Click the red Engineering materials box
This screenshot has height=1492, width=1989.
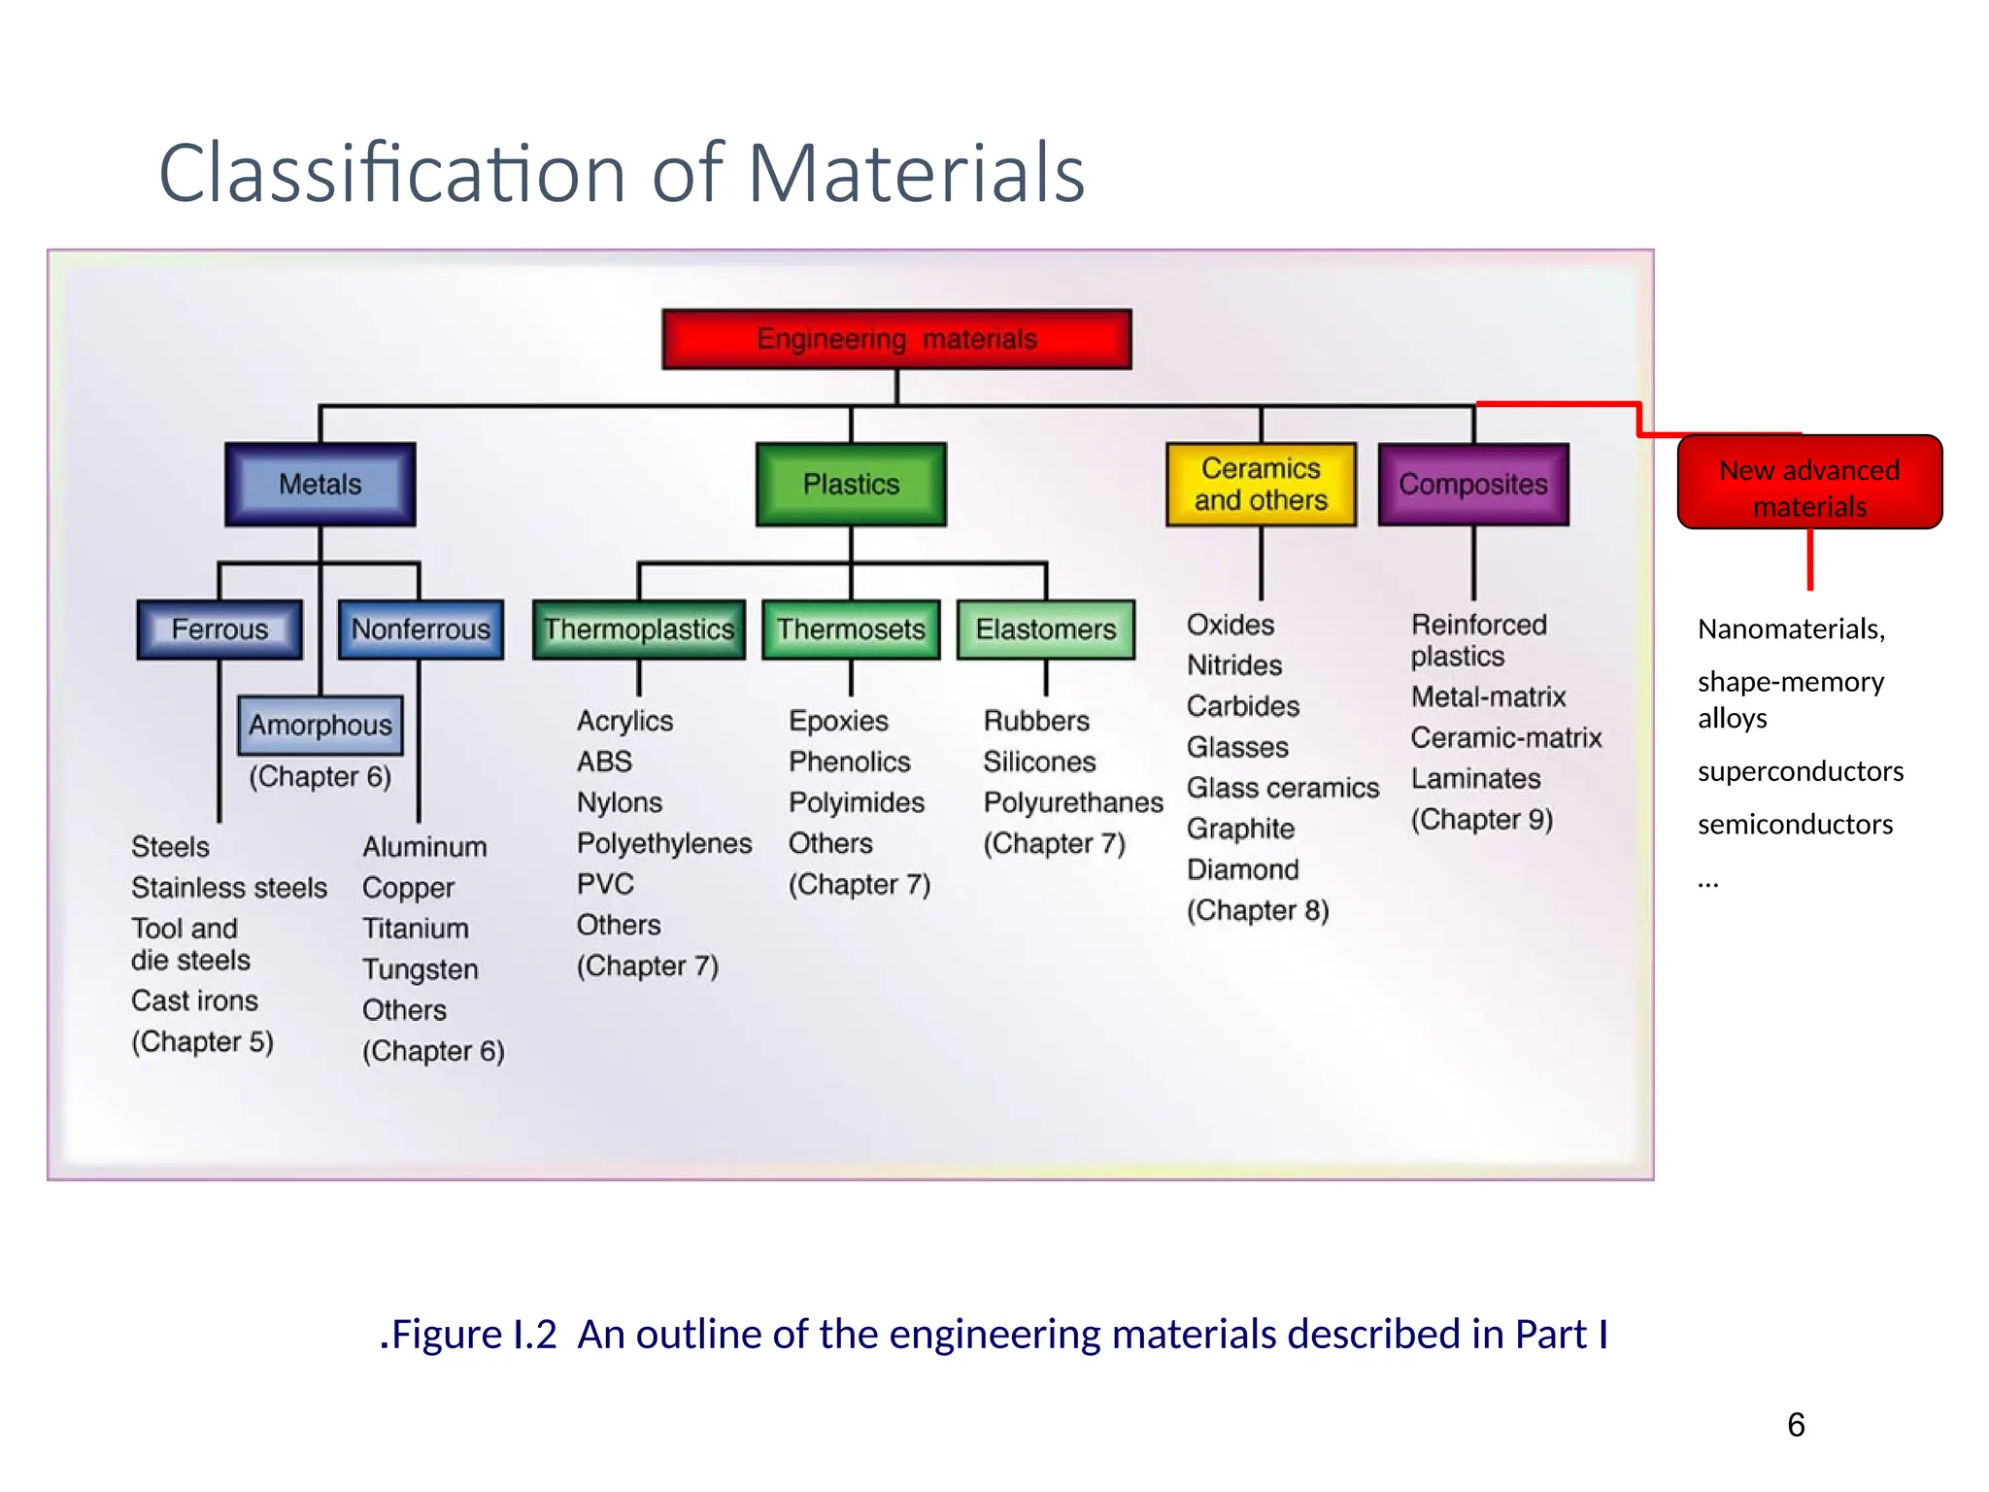tap(896, 339)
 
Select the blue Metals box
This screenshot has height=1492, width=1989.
tap(320, 484)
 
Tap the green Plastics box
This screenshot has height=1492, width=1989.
tap(851, 484)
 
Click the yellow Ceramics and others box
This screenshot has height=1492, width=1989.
tap(1261, 484)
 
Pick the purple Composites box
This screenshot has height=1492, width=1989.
tap(1472, 484)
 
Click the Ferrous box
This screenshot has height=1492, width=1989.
tap(219, 629)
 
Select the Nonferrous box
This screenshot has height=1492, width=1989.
tap(421, 629)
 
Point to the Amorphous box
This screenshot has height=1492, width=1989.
tap(320, 725)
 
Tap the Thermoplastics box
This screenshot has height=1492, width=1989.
tap(638, 629)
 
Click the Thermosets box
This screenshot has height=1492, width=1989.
tap(851, 629)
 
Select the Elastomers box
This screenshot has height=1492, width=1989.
tap(1046, 629)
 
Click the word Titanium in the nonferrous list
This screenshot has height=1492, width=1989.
tap(416, 929)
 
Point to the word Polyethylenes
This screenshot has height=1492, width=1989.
tap(664, 843)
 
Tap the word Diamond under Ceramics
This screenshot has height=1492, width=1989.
tap(1242, 869)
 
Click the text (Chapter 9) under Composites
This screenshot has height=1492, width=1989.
tap(1481, 820)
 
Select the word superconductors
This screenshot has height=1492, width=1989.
tap(1800, 771)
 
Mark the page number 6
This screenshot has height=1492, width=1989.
tap(1796, 1425)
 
